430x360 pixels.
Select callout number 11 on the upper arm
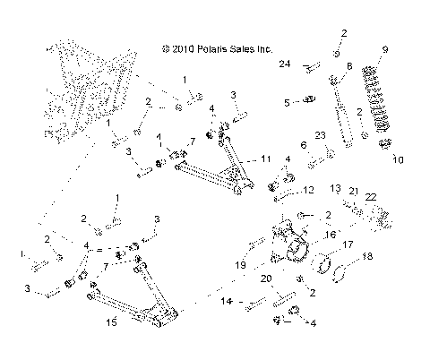coord(266,159)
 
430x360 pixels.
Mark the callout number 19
coord(241,266)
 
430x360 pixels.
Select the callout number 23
coord(320,135)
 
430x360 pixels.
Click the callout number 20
coord(266,279)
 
